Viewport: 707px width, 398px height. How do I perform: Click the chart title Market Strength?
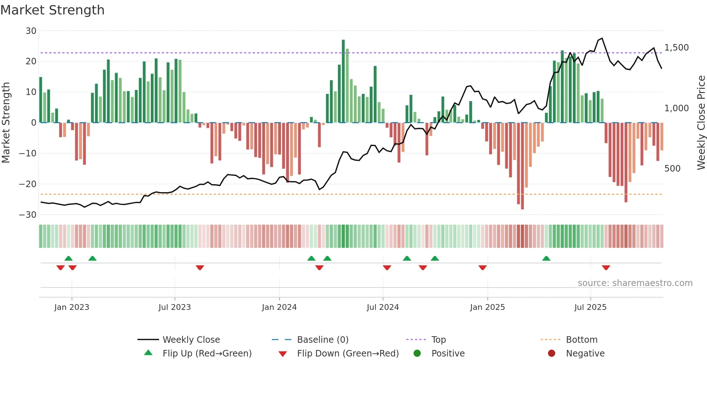point(52,10)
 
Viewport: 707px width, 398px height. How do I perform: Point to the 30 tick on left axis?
point(31,31)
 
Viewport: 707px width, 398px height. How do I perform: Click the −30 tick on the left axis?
point(28,215)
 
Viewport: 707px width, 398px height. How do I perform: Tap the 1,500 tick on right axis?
point(676,48)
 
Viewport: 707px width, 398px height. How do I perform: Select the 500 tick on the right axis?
point(672,169)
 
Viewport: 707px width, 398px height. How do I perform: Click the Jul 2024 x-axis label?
point(383,307)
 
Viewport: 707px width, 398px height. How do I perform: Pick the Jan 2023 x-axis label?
point(71,307)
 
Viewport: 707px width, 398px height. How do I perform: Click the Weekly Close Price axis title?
point(701,123)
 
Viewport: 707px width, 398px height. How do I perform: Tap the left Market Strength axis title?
point(6,123)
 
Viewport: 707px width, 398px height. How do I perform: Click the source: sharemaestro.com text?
point(635,283)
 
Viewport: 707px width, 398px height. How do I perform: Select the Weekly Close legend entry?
point(191,340)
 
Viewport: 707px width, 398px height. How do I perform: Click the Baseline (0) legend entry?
point(322,340)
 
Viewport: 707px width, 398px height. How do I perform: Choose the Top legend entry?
point(438,340)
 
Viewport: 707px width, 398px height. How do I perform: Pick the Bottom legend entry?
point(581,340)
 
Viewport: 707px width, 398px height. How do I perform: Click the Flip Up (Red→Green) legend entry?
point(207,354)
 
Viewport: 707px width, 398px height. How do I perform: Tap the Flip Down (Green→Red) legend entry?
point(348,354)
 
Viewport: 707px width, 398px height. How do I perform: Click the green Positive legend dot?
point(417,354)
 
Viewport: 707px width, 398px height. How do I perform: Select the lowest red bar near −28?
point(522,166)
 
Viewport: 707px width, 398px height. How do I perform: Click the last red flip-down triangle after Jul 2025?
point(606,268)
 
